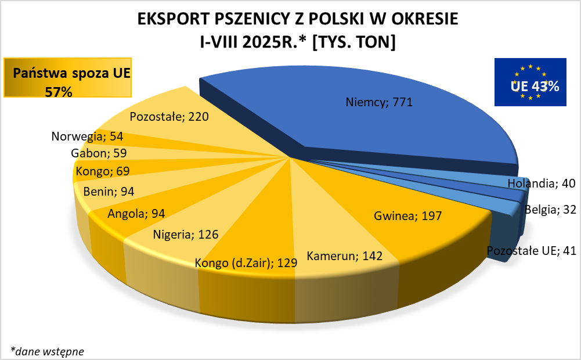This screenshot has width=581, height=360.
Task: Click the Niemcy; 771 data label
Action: [378, 103]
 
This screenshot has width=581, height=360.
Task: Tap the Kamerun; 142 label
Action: [345, 255]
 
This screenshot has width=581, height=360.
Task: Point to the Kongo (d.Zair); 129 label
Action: [246, 262]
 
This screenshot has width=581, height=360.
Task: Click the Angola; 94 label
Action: [136, 214]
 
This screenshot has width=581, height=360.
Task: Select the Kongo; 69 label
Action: [102, 171]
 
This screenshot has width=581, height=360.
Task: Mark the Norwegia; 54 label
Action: [87, 136]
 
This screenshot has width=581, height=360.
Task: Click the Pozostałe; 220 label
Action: [169, 116]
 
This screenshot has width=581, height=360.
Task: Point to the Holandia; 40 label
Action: [541, 183]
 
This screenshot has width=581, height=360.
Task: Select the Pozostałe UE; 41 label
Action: [531, 251]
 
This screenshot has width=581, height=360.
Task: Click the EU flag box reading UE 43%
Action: [530, 82]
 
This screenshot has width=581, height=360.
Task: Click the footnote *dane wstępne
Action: [47, 351]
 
